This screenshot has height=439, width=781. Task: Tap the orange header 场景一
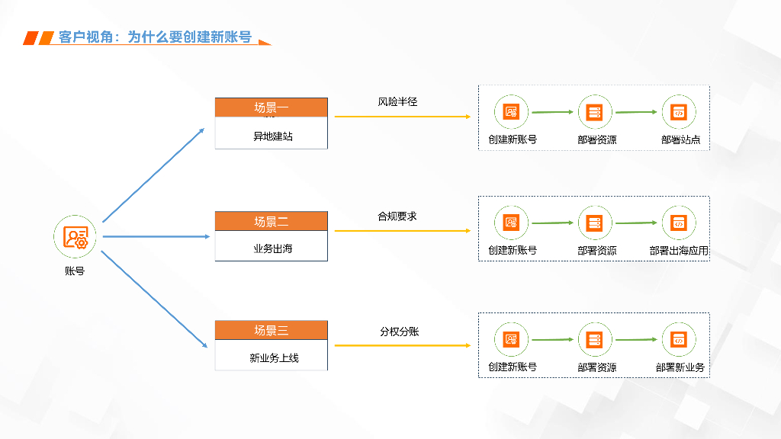pos(271,107)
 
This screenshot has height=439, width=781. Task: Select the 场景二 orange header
pos(271,221)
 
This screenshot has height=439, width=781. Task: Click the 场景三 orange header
pos(271,330)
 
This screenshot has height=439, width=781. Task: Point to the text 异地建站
pos(272,137)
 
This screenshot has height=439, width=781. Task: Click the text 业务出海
pos(272,248)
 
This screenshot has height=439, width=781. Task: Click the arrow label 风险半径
pos(397,101)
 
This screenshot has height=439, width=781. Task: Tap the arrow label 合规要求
pos(397,216)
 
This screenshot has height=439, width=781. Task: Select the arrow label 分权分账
pos(399,331)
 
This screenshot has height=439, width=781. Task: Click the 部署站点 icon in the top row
pos(678,113)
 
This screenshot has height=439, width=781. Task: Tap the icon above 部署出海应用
pos(678,223)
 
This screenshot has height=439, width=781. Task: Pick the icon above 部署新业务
pos(678,340)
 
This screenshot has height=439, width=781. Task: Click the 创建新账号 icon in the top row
pos(511,112)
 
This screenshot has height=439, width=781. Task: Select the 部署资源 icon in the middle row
pos(594,223)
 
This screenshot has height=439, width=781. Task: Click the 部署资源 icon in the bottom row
pos(594,340)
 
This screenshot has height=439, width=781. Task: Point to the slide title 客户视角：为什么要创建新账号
pos(155,37)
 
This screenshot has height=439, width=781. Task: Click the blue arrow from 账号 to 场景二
pos(156,236)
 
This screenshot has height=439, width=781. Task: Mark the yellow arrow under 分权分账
pos(402,345)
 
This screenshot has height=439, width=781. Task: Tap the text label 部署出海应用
pos(679,250)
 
